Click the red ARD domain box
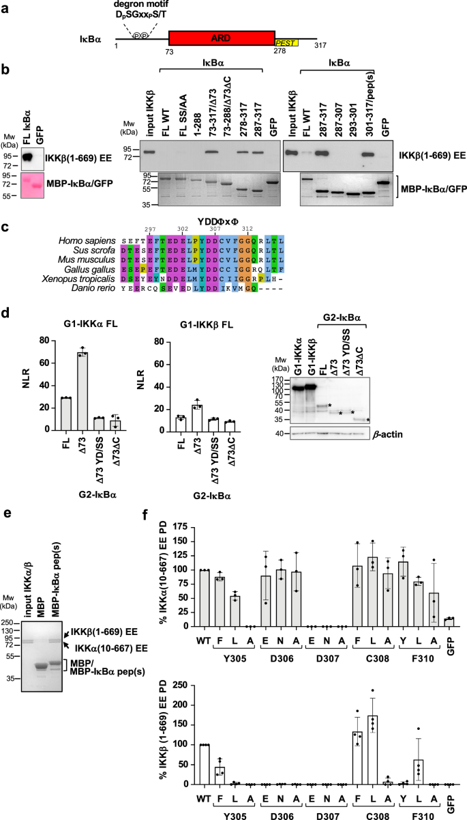(x=222, y=38)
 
